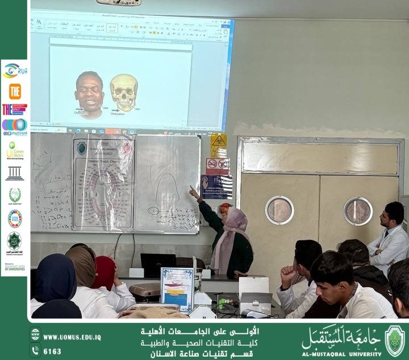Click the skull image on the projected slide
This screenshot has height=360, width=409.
click(x=123, y=92)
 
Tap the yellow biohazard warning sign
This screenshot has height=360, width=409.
click(x=219, y=146)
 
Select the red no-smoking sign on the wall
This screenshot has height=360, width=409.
click(x=217, y=165)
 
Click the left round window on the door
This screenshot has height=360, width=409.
click(x=279, y=210)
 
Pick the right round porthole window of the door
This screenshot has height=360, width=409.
click(x=358, y=211)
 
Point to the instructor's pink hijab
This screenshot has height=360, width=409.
click(x=232, y=233)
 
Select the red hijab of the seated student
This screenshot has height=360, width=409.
click(x=104, y=272)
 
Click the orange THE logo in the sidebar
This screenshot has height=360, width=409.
click(x=15, y=91)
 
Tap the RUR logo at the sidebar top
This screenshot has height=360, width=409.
click(x=15, y=71)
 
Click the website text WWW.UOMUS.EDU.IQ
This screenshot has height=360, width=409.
click(x=72, y=337)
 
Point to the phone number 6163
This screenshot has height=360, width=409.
click(x=52, y=351)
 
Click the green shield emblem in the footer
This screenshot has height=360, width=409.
click(x=395, y=341)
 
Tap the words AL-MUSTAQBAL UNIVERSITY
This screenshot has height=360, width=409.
click(x=341, y=353)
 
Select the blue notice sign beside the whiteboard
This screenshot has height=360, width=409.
click(x=216, y=186)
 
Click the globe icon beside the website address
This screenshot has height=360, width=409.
click(x=35, y=334)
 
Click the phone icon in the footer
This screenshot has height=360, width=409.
click(x=35, y=351)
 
